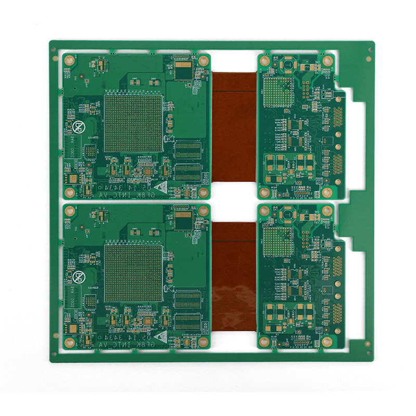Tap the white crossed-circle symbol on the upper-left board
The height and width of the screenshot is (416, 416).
tap(80, 127)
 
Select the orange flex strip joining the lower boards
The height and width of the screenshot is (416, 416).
tap(234, 278)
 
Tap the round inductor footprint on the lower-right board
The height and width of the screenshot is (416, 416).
tap(287, 214)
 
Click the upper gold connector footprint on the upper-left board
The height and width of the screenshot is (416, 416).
tap(188, 150)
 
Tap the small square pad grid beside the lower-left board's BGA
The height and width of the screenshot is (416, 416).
tap(91, 301)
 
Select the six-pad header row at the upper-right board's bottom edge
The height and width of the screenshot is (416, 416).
tap(301, 193)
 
